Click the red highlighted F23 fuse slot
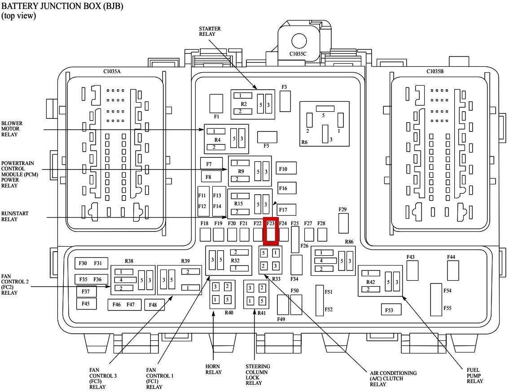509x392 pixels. [x=270, y=231]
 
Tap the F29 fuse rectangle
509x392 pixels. [x=343, y=223]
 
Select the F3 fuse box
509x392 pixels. [x=285, y=101]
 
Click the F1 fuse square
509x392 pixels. [x=216, y=104]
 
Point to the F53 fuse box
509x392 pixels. [x=391, y=309]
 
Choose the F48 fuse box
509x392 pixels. [x=154, y=305]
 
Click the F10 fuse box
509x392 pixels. [x=286, y=169]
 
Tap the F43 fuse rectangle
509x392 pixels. [x=412, y=270]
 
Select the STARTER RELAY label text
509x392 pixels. [x=210, y=31]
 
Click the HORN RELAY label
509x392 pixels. [x=213, y=369]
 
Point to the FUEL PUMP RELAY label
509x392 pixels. [x=474, y=375]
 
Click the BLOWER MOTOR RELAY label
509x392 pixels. [x=12, y=129]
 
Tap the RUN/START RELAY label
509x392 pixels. [x=15, y=216]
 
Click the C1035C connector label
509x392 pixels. [x=298, y=54]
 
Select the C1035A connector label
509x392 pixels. [x=112, y=71]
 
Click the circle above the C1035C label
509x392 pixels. [x=299, y=40]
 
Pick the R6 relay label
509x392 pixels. [x=304, y=142]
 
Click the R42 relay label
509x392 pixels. [x=370, y=282]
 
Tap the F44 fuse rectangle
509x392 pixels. [x=452, y=270]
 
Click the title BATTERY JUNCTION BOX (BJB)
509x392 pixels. [x=62, y=6]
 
